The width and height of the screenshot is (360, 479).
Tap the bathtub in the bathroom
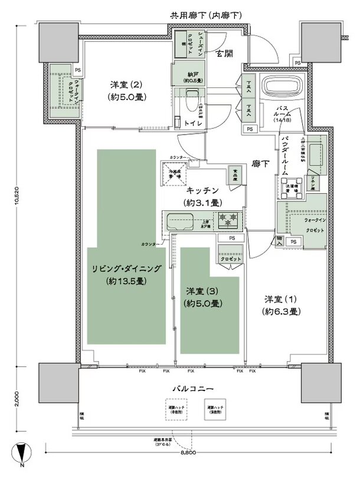coord(282,86)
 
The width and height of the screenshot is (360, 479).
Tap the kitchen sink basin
coord(178,223)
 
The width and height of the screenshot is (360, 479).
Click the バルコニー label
coord(188,389)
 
